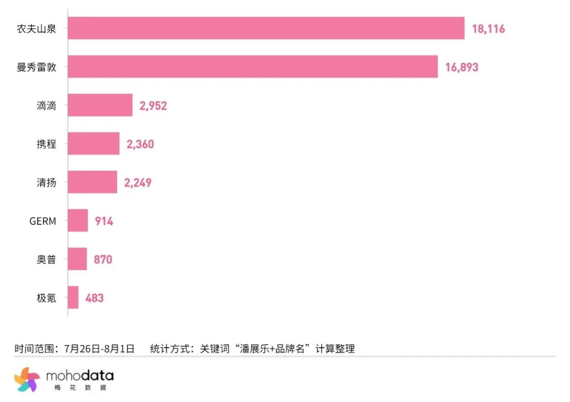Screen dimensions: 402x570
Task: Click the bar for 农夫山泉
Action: [x=266, y=28]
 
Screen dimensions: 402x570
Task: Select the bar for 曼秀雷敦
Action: [x=253, y=66]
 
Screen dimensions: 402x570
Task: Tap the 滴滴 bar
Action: [x=100, y=105]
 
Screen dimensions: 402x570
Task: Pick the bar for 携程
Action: [x=93, y=143]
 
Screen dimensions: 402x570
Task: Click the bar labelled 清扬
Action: [x=92, y=182]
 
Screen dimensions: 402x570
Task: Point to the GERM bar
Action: [x=78, y=221]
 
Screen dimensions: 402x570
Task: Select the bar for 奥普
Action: [x=78, y=259]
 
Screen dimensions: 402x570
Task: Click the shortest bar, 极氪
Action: [x=73, y=298]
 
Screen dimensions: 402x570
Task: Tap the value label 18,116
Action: [x=488, y=28]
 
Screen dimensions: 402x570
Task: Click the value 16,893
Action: [x=461, y=67]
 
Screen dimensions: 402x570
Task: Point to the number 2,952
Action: [x=153, y=106]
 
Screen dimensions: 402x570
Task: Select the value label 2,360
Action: [x=140, y=144]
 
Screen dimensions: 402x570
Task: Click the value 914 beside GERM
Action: [x=104, y=221]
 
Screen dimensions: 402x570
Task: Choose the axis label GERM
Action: [x=42, y=221]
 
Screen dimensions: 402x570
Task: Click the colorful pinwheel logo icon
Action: [x=27, y=379]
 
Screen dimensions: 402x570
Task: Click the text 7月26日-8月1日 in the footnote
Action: [x=99, y=349]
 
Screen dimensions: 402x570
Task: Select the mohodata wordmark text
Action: [x=80, y=376]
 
